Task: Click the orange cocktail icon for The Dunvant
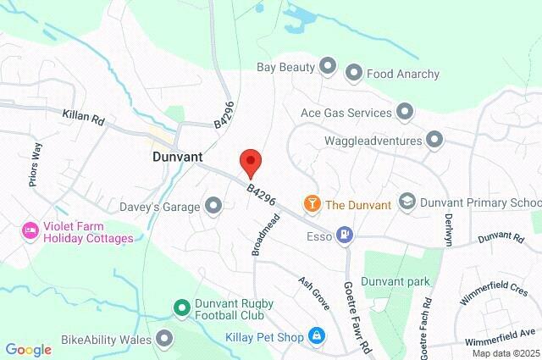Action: point(312,204)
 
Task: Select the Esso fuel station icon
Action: point(345,234)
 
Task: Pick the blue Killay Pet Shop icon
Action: point(316,337)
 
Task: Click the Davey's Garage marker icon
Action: point(213,205)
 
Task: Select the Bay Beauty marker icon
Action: point(328,66)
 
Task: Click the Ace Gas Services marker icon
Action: point(405,112)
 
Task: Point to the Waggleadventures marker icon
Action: point(434,138)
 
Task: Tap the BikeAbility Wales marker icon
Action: point(164,340)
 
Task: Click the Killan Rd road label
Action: point(83,118)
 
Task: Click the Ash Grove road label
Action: point(312,291)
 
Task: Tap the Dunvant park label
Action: point(395,281)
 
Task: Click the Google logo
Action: point(28,349)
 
